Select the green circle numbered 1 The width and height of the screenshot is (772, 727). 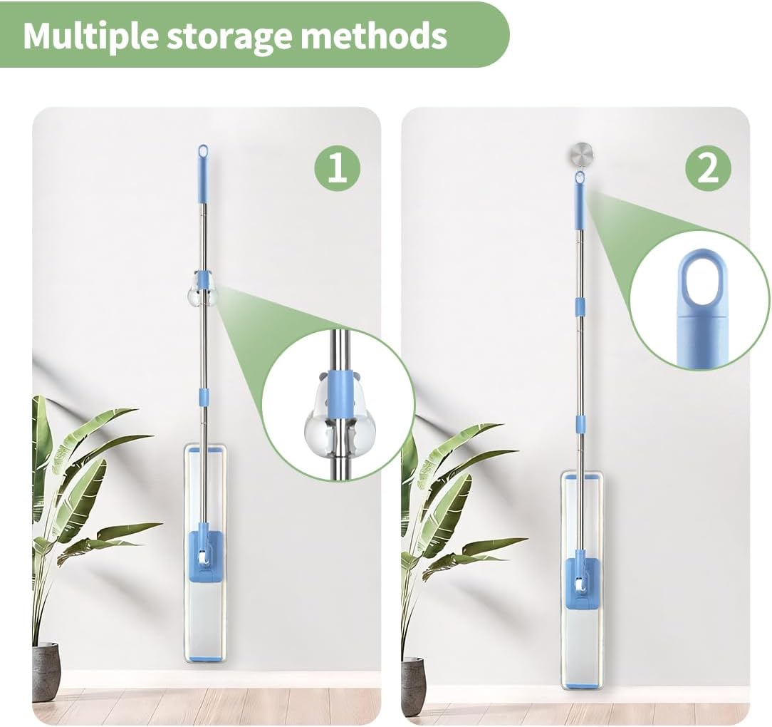click(338, 169)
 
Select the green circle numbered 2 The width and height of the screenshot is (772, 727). click(708, 169)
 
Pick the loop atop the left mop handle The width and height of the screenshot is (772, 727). click(202, 151)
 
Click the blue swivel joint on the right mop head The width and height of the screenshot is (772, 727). click(580, 585)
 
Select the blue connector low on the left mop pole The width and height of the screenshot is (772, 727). click(204, 396)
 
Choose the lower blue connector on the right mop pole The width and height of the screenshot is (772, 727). click(581, 424)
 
